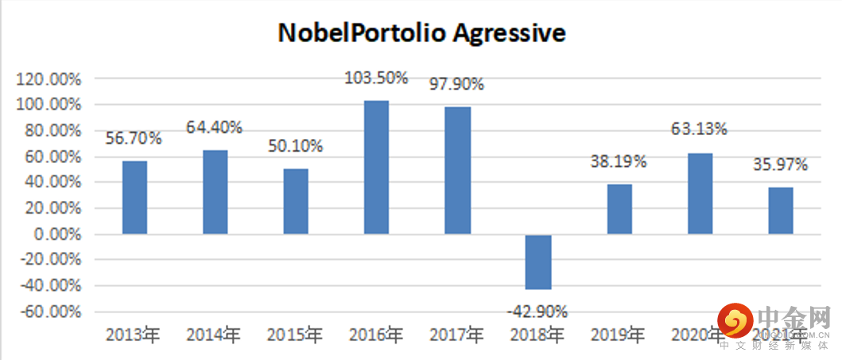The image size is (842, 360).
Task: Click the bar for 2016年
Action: (376, 167)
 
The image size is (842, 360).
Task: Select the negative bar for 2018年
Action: (538, 261)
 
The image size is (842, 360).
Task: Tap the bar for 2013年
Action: (134, 197)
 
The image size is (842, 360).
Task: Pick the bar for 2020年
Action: (700, 193)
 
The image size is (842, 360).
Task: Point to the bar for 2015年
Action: (296, 201)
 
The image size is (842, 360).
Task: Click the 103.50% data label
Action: (376, 78)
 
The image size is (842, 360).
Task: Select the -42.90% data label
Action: (537, 311)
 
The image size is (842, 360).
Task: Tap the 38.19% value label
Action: (619, 161)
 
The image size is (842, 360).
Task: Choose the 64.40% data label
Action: (215, 126)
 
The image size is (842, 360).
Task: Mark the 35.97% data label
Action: (780, 165)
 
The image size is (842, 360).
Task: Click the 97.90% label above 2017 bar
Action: (456, 83)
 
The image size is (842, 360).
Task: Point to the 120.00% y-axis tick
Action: (49, 79)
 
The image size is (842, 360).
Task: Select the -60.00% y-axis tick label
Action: (49, 312)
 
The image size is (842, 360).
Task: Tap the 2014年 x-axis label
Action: (214, 335)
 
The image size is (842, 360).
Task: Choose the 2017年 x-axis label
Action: (456, 335)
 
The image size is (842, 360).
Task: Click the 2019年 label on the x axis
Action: (618, 335)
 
